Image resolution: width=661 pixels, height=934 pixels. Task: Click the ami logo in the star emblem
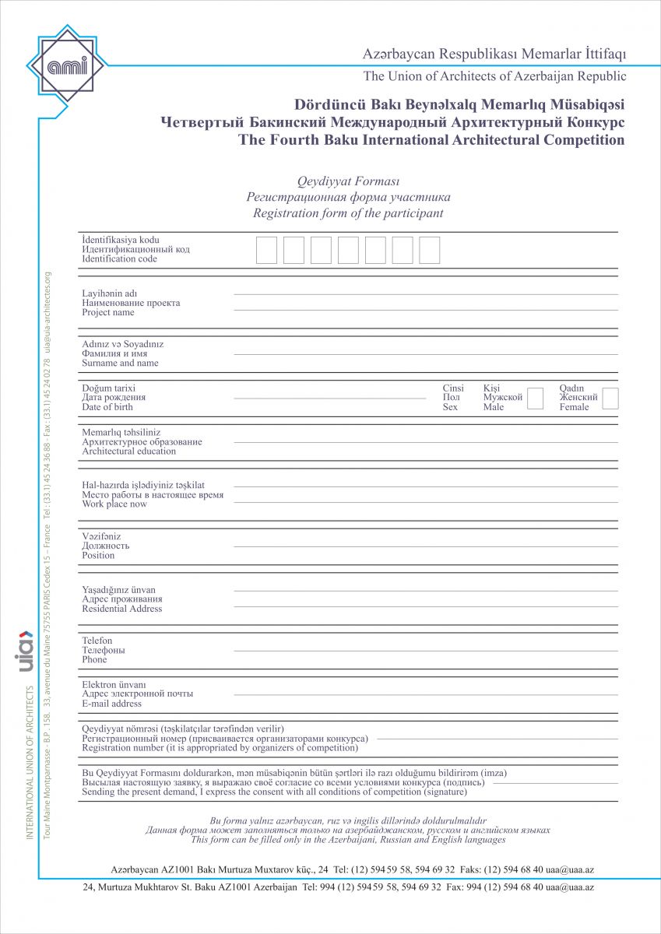click(x=68, y=64)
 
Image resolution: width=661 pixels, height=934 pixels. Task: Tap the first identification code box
click(x=266, y=250)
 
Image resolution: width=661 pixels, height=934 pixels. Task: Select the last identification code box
click(x=430, y=250)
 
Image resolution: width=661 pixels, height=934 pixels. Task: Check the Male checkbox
click(x=535, y=399)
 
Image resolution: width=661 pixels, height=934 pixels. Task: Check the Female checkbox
click(x=610, y=399)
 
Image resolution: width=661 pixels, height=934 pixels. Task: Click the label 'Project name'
click(x=108, y=313)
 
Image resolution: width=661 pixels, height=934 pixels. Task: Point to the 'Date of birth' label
click(x=107, y=407)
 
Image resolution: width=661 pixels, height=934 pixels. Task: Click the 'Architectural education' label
click(x=129, y=451)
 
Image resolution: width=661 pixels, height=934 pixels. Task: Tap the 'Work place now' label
click(x=114, y=504)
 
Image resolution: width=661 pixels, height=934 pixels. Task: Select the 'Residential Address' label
click(x=122, y=609)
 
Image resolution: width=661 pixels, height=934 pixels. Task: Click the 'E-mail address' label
click(x=112, y=704)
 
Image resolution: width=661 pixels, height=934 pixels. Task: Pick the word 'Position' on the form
click(x=98, y=556)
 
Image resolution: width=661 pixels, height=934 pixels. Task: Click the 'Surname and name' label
click(x=120, y=363)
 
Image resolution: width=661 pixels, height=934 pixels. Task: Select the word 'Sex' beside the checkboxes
click(x=450, y=407)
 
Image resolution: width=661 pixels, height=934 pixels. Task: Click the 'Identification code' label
click(x=120, y=259)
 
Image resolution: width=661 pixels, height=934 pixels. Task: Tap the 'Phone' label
click(x=95, y=660)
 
